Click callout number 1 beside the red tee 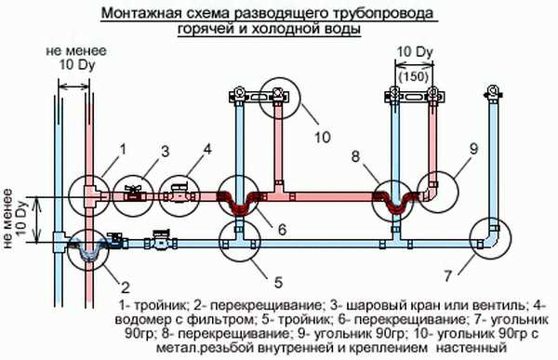(x=121, y=149)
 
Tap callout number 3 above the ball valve (x=164, y=150)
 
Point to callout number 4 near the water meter (x=208, y=149)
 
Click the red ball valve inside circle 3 (x=137, y=196)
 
